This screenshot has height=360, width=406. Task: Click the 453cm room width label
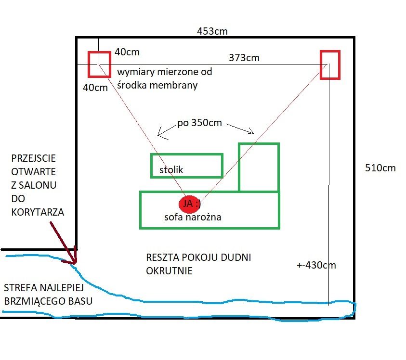tap(212, 31)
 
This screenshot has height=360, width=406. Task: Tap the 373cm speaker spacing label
tap(244, 58)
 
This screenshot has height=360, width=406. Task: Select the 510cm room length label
tap(380, 168)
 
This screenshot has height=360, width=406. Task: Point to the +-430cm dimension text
tap(316, 265)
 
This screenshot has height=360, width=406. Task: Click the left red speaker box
tap(89, 64)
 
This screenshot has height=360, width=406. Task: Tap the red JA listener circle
tap(190, 204)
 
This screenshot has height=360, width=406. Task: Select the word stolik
tap(171, 170)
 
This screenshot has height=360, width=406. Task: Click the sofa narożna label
tap(193, 217)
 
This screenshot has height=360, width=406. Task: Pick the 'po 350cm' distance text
tap(200, 123)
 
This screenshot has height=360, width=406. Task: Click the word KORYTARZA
tap(38, 212)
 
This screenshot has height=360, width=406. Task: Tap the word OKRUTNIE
tap(169, 270)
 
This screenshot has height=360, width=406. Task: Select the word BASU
tap(80, 301)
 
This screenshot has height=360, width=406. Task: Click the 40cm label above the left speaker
tap(127, 52)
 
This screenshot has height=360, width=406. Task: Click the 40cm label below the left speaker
tap(95, 88)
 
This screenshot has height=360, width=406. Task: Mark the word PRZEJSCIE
tap(33, 158)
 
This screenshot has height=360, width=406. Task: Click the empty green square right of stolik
tap(239, 167)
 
